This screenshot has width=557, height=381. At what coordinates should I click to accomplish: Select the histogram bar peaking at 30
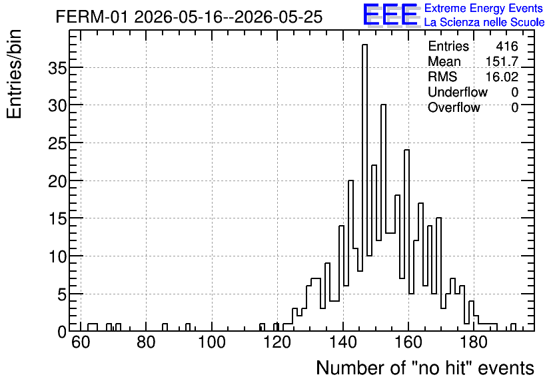point(383,218)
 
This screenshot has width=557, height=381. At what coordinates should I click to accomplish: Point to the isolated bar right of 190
point(513,327)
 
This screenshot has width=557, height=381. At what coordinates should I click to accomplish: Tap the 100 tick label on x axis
point(212,342)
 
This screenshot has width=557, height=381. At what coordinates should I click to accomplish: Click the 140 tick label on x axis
point(343,342)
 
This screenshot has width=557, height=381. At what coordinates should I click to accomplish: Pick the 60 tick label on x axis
point(81,342)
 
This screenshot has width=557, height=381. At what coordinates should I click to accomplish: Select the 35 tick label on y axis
point(57,68)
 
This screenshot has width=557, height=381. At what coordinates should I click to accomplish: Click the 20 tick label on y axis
point(57,181)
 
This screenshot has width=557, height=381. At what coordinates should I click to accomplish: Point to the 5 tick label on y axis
point(62,294)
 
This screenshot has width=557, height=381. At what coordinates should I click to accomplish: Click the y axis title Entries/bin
point(14,74)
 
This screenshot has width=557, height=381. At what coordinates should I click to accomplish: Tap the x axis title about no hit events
point(425,368)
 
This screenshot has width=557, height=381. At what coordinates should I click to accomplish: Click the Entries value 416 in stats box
point(507,46)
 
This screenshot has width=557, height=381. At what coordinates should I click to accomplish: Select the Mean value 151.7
point(502,61)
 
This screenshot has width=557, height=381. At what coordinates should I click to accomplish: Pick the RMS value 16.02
point(502,77)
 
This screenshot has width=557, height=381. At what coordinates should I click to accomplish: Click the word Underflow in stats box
point(458,92)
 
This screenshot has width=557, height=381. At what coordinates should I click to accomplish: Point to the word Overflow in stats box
point(454,107)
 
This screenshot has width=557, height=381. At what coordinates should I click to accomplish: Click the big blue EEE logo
point(391,15)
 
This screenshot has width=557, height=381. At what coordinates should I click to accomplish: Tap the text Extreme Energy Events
point(484,8)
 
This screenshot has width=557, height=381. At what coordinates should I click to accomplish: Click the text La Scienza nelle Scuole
point(484,22)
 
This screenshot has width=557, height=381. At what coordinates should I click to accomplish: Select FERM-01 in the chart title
point(91,17)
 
